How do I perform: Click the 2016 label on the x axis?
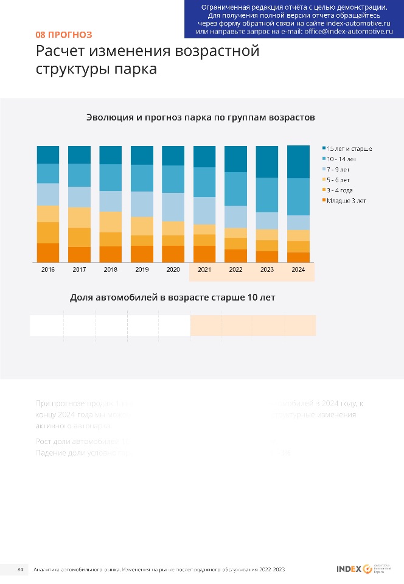tap(47, 269)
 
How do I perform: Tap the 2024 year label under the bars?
tap(298, 269)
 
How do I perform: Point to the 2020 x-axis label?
tap(173, 269)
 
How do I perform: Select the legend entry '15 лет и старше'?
tap(349, 148)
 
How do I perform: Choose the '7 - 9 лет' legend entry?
tap(341, 169)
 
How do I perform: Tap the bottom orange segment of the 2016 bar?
tap(48, 252)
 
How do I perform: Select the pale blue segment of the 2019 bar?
tap(142, 204)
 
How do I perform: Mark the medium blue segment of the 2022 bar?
tap(235, 189)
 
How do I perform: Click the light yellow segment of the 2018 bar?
tap(111, 221)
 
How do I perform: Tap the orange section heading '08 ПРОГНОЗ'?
tap(64, 35)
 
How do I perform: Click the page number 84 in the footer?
tap(20, 569)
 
